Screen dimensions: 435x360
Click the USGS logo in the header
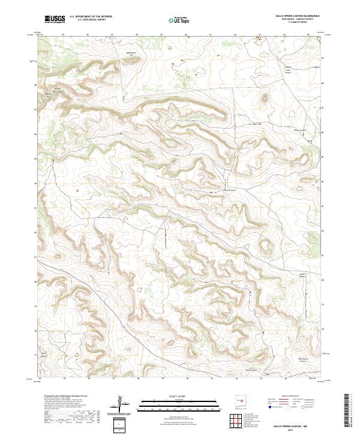point(55,19)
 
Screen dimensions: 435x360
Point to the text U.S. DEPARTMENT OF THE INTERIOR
point(91,17)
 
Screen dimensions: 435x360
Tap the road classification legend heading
point(292,397)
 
